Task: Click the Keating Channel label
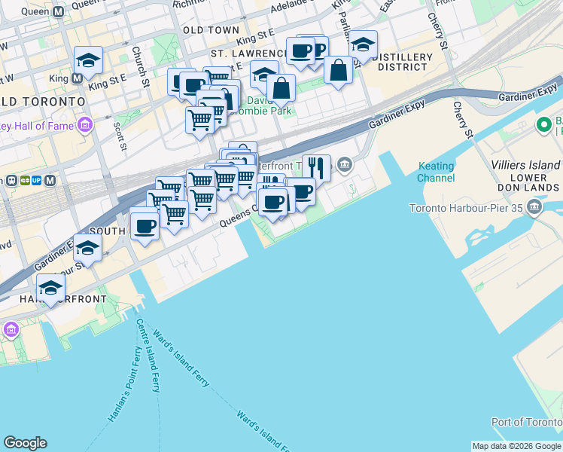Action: tap(436, 172)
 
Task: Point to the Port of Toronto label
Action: tap(527, 422)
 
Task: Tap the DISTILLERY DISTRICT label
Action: tap(403, 63)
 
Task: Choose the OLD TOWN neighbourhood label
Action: tap(205, 30)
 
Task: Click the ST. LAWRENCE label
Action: tap(248, 54)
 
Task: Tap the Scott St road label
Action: tap(119, 135)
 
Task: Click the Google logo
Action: tap(25, 443)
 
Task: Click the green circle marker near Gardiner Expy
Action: tap(543, 124)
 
